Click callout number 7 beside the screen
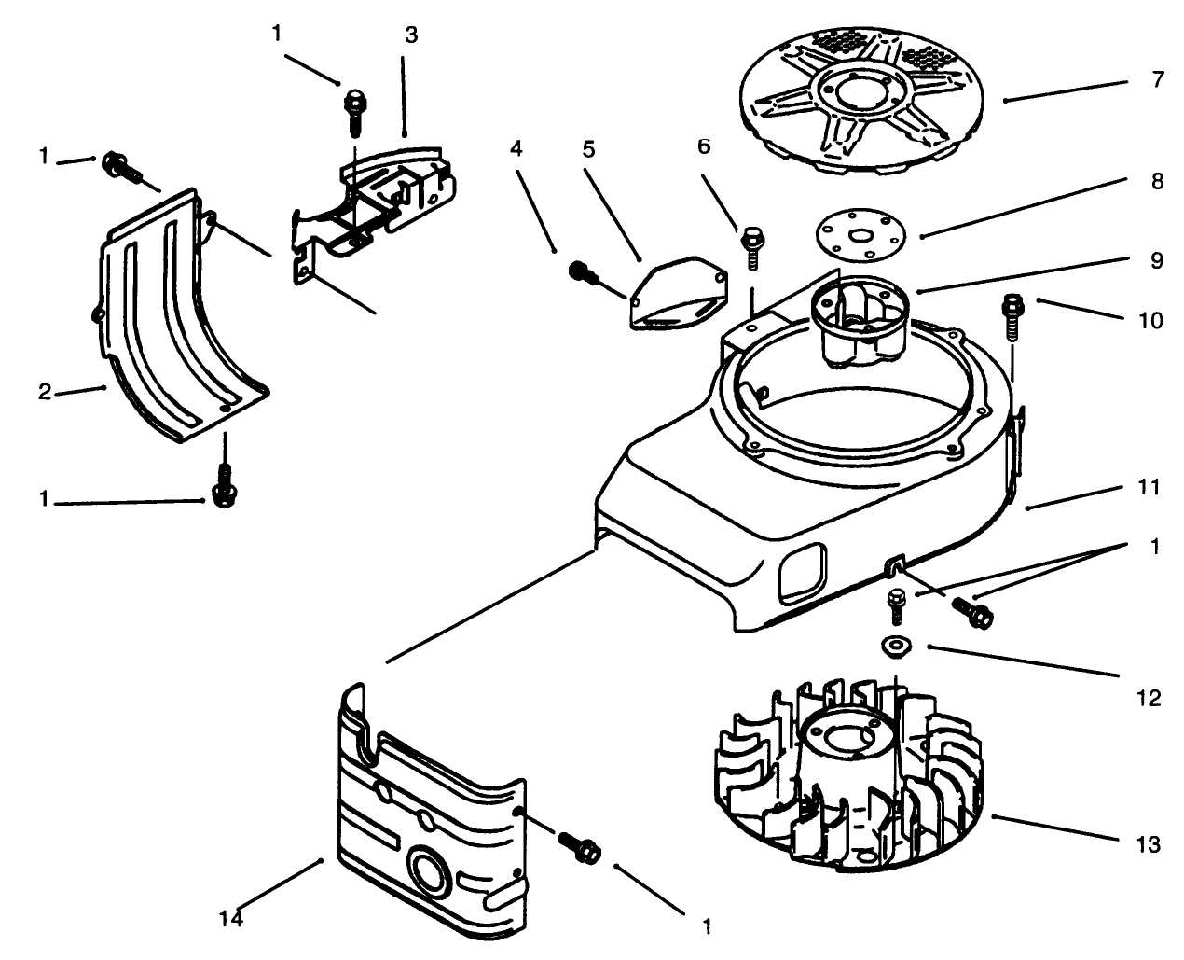click(1157, 80)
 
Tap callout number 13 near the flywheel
click(1150, 844)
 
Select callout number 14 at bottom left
click(231, 918)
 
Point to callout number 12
click(1150, 697)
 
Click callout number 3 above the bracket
click(411, 36)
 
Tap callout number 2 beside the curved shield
click(44, 392)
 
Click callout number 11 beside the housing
click(1150, 487)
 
